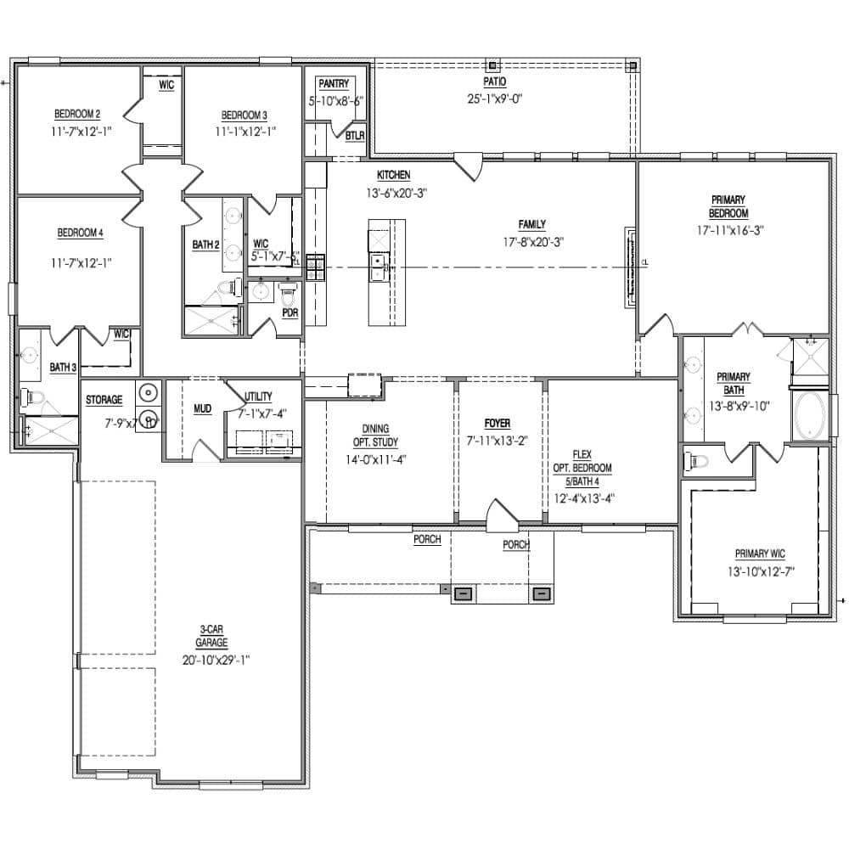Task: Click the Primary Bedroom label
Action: click(728, 206)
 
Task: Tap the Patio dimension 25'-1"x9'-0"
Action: click(494, 98)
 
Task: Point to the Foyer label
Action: click(498, 423)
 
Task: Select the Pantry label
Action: click(334, 84)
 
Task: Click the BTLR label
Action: click(355, 136)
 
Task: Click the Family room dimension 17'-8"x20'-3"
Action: click(532, 242)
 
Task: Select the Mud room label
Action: click(202, 409)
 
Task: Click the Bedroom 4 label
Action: click(79, 233)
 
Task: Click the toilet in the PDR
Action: click(287, 295)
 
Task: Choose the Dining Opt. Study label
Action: click(375, 436)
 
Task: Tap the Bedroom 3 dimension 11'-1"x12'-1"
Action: click(245, 132)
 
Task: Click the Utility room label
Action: click(258, 396)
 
